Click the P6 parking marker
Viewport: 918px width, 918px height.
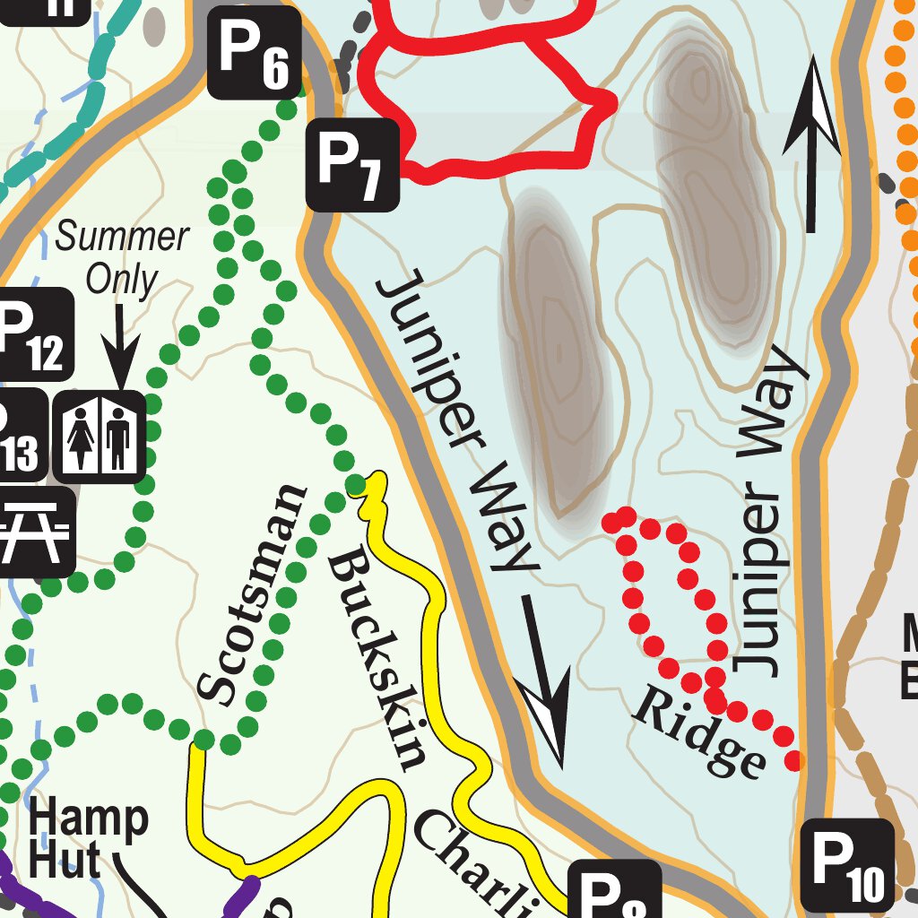pyautogui.click(x=254, y=53)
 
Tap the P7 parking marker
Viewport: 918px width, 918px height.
pyautogui.click(x=353, y=167)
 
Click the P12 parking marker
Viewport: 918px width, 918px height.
pyautogui.click(x=31, y=334)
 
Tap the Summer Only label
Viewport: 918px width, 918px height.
pyautogui.click(x=121, y=258)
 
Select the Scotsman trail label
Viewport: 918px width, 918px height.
pyautogui.click(x=252, y=595)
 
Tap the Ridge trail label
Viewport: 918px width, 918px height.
pyautogui.click(x=700, y=732)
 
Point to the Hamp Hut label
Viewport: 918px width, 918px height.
pyautogui.click(x=87, y=839)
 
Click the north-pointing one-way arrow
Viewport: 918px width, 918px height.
pyautogui.click(x=812, y=143)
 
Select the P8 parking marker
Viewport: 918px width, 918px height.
pyautogui.click(x=614, y=892)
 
